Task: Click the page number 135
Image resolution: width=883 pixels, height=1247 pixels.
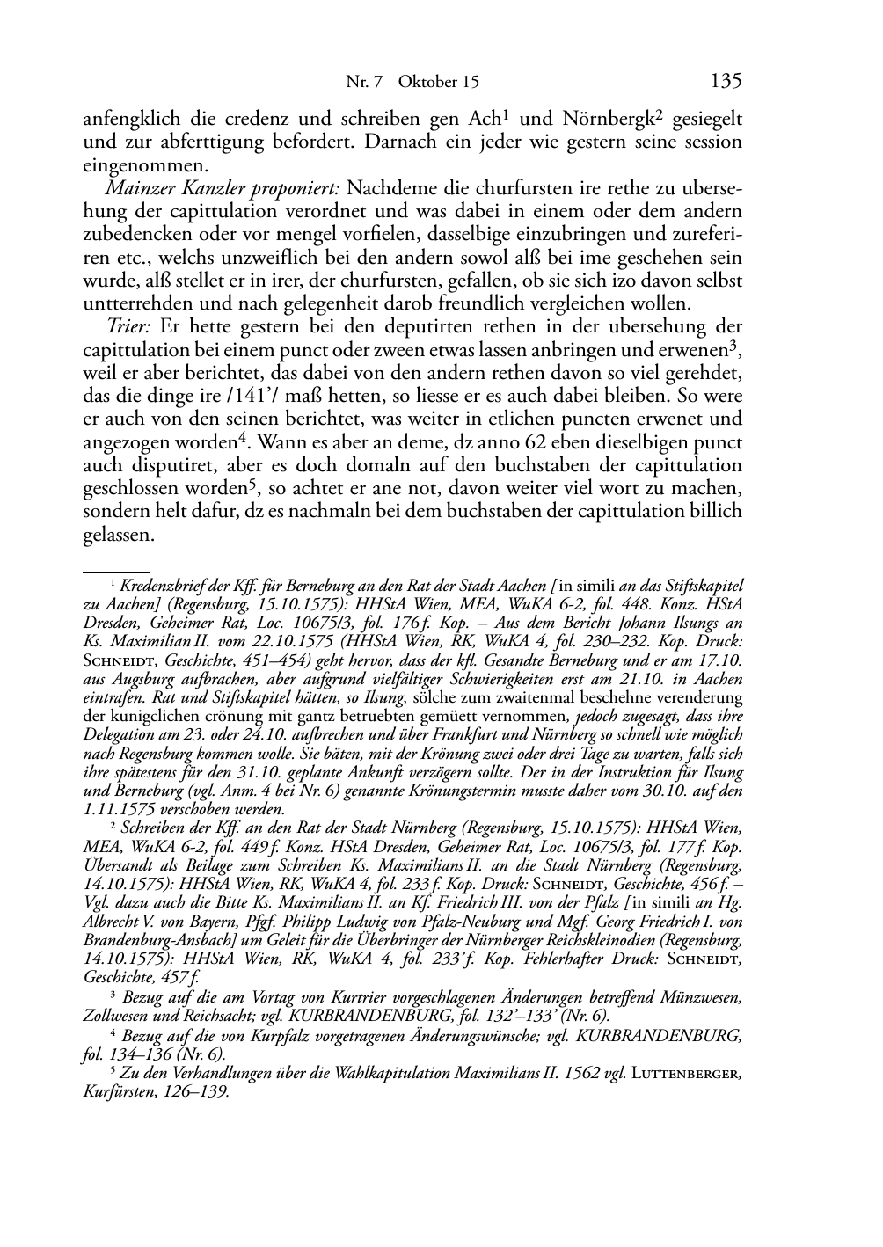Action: coord(726,81)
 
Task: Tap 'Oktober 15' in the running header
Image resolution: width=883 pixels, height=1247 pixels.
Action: coord(438,83)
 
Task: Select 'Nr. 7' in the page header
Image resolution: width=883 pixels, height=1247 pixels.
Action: coord(364,83)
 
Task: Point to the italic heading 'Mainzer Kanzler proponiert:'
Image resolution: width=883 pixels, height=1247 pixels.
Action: coord(223,188)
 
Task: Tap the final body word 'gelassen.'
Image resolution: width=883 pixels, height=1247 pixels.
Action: coord(119,534)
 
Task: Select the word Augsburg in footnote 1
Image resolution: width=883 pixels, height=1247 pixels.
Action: coord(121,680)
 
